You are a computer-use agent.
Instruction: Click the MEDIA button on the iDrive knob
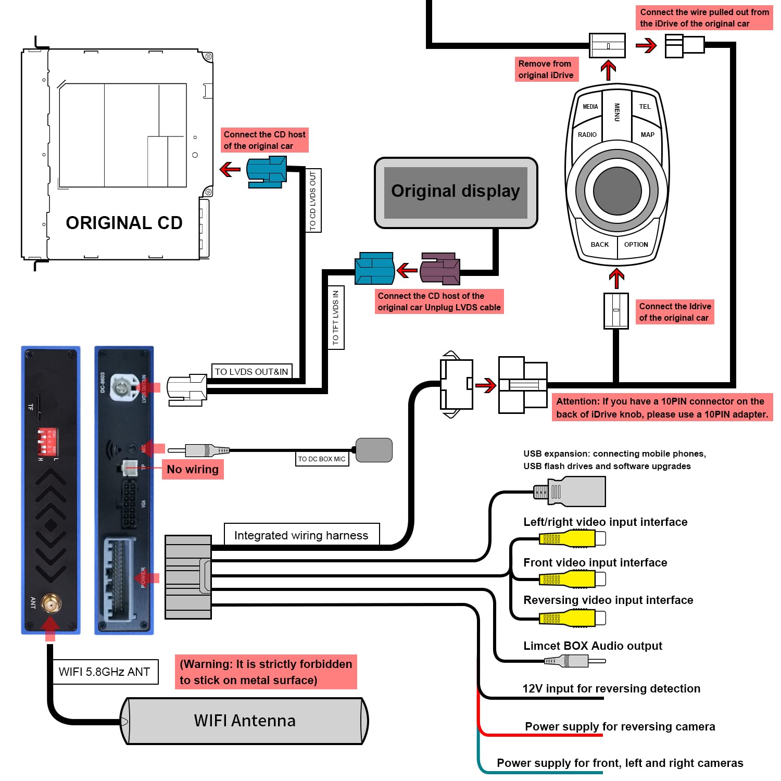click(x=590, y=107)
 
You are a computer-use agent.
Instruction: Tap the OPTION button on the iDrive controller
click(x=636, y=244)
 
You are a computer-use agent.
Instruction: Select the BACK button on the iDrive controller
click(x=599, y=244)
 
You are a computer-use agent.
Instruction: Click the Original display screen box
click(x=456, y=192)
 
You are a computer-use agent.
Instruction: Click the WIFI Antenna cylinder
click(x=245, y=721)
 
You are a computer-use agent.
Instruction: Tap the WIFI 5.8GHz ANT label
click(x=105, y=672)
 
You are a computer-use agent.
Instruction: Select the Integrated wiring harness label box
click(x=301, y=535)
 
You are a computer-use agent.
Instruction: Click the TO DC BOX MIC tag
click(x=321, y=459)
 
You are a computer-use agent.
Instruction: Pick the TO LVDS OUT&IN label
click(x=251, y=371)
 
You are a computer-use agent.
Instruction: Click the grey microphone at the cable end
click(x=374, y=450)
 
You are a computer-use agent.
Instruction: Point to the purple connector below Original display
click(x=440, y=269)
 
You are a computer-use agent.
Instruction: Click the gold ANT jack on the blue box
click(x=51, y=604)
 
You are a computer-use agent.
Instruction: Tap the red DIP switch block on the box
click(x=47, y=442)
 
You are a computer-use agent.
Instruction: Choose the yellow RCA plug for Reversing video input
click(x=568, y=618)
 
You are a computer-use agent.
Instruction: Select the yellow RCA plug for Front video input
click(x=568, y=578)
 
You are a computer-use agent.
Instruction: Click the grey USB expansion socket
click(x=578, y=491)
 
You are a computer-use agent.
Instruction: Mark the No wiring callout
click(x=193, y=469)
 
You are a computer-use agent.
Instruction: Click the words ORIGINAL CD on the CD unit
click(x=124, y=223)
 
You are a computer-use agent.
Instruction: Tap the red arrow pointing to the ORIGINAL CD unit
click(x=230, y=169)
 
